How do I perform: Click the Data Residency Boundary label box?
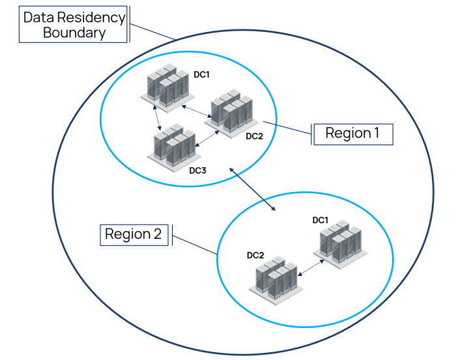click(x=73, y=25)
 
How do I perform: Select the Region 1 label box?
click(x=352, y=133)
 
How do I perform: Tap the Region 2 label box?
click(x=133, y=234)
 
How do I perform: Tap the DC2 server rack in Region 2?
click(x=274, y=278)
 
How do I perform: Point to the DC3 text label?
click(x=197, y=171)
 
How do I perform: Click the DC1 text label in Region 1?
click(x=201, y=74)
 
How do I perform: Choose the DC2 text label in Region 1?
click(x=254, y=136)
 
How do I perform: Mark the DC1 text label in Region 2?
click(x=320, y=220)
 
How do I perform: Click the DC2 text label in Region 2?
click(x=255, y=255)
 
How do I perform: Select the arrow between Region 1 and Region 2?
click(x=253, y=189)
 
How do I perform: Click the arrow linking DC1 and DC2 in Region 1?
click(x=195, y=111)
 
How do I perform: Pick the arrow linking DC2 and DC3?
click(x=206, y=137)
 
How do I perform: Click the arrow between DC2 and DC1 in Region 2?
click(x=312, y=267)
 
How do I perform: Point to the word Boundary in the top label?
click(x=74, y=33)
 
